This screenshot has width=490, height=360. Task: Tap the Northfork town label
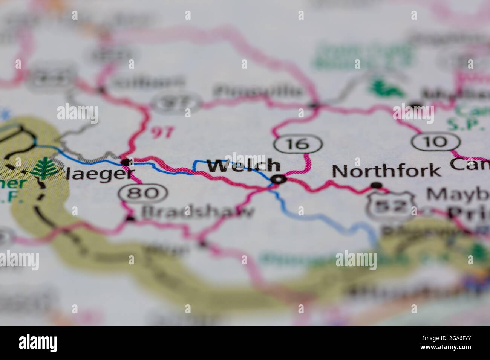point(386,171)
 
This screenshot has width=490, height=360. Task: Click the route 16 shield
point(298,143)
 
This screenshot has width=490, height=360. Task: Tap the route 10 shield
point(436,142)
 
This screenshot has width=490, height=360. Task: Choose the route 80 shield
point(143,193)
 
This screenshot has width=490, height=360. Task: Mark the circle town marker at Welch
point(278,180)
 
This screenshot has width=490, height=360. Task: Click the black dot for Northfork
point(376,185)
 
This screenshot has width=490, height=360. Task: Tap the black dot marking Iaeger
point(126,162)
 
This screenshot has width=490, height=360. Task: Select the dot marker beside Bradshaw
point(130,218)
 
